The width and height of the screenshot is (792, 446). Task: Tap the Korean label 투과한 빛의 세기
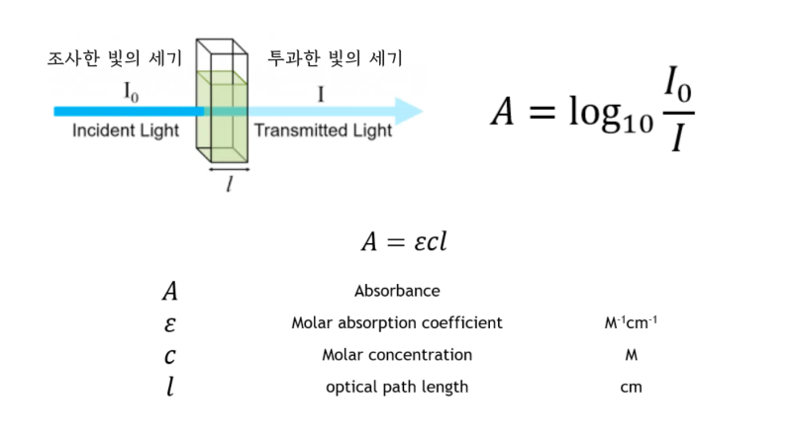point(335,59)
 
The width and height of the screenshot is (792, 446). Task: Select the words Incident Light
point(124,131)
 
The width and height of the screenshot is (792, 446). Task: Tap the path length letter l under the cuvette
point(229,183)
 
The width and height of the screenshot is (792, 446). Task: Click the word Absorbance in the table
point(397,291)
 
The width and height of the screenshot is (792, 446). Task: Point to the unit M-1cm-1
point(631,323)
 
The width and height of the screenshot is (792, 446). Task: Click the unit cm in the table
point(631,387)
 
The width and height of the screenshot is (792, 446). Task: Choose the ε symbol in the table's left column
point(170,323)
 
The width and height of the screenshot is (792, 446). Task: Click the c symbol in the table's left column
point(170,356)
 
